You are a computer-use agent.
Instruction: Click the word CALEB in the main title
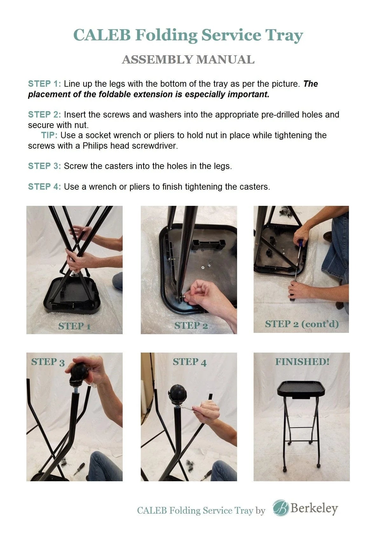[102, 35]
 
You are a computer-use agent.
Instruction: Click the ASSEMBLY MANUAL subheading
[188, 60]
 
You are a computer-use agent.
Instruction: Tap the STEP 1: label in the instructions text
[44, 84]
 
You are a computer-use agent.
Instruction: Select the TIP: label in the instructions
[49, 135]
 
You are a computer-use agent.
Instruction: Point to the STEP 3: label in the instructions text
[44, 166]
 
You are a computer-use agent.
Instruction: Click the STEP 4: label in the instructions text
[44, 187]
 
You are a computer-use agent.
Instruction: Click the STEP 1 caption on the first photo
[74, 326]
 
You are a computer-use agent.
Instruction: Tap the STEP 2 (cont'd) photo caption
[302, 324]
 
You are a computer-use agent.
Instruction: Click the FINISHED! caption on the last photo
[302, 362]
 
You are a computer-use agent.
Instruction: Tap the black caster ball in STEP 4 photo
[179, 394]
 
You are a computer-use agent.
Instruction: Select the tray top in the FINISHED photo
[301, 388]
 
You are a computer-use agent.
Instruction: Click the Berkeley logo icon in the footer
[281, 508]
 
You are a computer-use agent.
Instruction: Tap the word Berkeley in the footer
[314, 508]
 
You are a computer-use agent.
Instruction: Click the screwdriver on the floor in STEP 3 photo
[79, 469]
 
